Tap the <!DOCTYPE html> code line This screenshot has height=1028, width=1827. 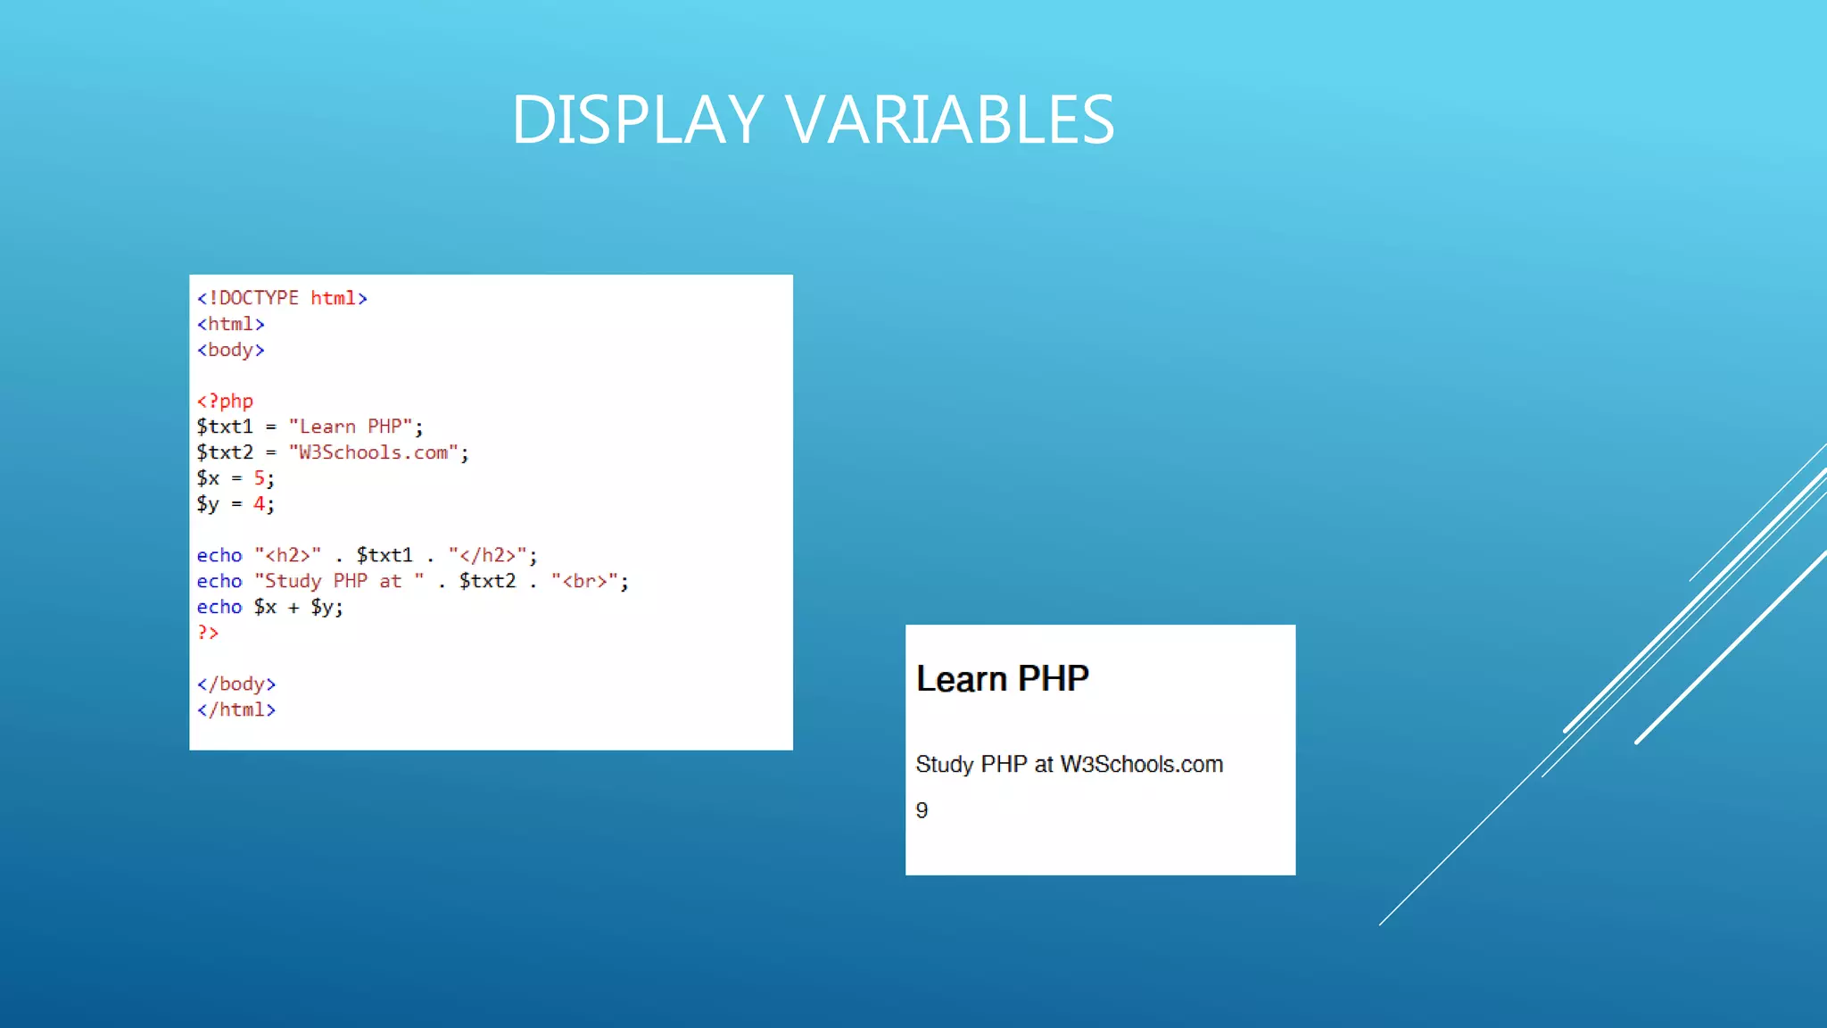(282, 298)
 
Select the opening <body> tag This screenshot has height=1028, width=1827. (230, 350)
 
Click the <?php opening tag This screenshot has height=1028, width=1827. (225, 402)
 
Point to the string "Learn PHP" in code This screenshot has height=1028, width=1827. (351, 427)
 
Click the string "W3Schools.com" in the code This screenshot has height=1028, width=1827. (373, 452)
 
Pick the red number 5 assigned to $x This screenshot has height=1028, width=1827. (259, 478)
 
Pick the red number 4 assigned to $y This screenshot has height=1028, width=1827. (259, 504)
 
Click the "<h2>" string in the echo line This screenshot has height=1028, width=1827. (287, 555)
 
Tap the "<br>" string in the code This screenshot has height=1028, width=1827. (584, 581)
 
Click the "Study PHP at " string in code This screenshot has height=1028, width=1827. (339, 581)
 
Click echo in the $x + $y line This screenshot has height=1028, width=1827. (219, 607)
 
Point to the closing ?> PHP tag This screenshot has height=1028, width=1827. (208, 633)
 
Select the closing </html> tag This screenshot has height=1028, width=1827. (236, 709)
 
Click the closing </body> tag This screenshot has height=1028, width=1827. (236, 684)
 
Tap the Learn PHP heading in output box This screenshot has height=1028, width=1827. (1002, 679)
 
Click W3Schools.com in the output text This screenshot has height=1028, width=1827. (1141, 765)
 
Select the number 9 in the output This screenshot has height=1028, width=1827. (922, 810)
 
